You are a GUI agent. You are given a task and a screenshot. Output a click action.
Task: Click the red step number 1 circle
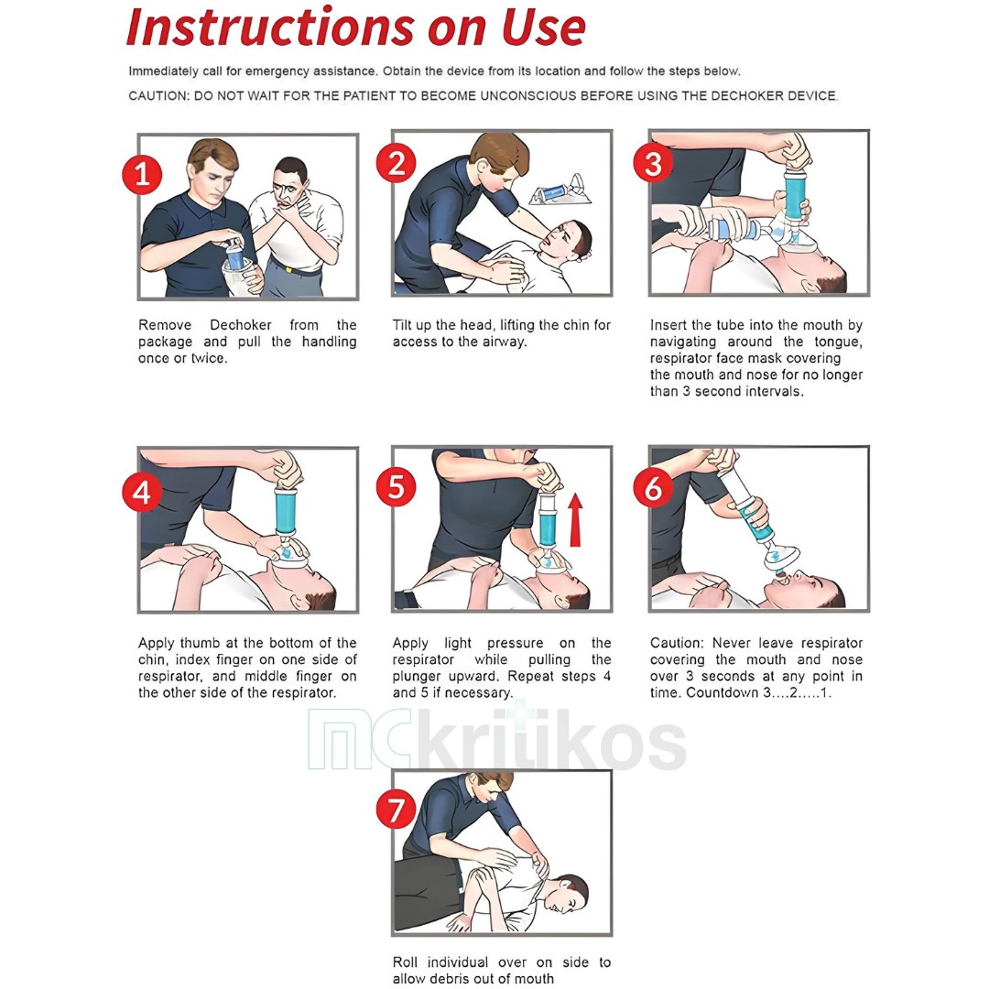(x=142, y=175)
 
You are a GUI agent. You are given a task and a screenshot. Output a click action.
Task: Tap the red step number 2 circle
(x=397, y=163)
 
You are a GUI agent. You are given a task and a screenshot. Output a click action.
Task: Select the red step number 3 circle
(x=653, y=163)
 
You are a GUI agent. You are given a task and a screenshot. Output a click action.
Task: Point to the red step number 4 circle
(x=142, y=492)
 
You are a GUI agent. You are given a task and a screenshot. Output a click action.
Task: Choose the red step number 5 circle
(x=397, y=487)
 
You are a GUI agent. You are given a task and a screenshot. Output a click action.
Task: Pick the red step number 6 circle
(x=653, y=487)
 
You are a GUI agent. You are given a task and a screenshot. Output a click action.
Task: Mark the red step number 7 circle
(x=397, y=810)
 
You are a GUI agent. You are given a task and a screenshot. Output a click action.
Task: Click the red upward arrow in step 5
(x=575, y=520)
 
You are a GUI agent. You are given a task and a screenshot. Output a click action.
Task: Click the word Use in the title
(x=544, y=27)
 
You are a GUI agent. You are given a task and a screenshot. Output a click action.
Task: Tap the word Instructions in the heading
(x=270, y=27)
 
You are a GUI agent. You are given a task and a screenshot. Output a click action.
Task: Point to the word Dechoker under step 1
(x=240, y=325)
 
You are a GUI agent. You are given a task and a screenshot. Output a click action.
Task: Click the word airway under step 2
(x=504, y=342)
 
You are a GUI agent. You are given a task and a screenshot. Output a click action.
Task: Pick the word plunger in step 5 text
(x=418, y=677)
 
